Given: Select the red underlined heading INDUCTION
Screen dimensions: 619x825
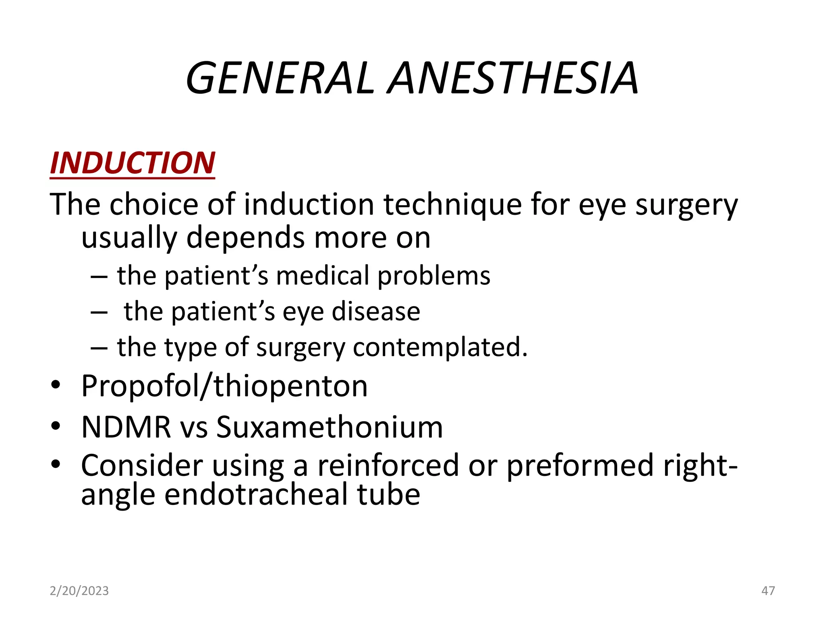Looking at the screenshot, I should click(133, 163).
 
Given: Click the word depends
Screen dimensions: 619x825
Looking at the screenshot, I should click(246, 238).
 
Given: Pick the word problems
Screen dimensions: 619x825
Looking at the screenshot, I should click(434, 277).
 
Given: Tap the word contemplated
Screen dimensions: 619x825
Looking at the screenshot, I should click(440, 347).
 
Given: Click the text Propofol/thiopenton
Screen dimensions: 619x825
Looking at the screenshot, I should click(224, 386).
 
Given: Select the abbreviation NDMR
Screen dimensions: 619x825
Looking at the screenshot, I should click(126, 427).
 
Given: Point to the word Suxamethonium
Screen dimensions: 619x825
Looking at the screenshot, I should click(330, 427).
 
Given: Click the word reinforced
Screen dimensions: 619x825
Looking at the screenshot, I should click(388, 465).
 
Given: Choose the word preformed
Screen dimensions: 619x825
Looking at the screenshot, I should click(580, 465).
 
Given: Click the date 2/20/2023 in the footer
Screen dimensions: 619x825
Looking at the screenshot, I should click(79, 591).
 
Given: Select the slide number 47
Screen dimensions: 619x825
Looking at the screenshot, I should click(768, 591).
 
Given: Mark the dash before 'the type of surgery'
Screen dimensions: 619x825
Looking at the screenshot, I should click(99, 348).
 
